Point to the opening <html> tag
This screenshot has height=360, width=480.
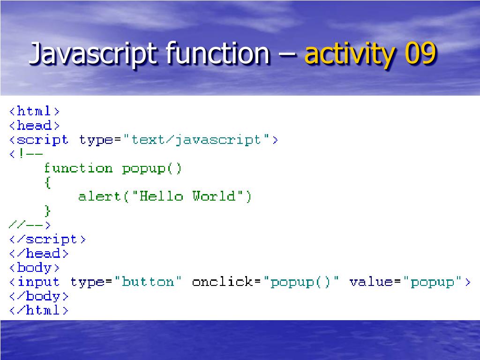tap(35, 112)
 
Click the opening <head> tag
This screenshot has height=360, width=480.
tap(35, 126)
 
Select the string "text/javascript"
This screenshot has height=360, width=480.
tap(196, 140)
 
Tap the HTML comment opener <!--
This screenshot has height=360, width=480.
tap(26, 154)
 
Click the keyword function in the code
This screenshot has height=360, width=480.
tap(78, 168)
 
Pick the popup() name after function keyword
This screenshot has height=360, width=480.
tap(151, 168)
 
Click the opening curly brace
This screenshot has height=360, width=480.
tap(47, 182)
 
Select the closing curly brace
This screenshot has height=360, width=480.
tap(47, 210)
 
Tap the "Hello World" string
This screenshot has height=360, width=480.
tap(187, 196)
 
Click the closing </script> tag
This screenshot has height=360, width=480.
tap(47, 239)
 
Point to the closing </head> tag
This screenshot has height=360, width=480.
tap(39, 254)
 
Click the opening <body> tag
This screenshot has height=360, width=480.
tap(35, 268)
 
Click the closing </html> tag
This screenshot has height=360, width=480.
tap(39, 310)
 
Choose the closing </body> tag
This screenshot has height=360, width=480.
tap(39, 296)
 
